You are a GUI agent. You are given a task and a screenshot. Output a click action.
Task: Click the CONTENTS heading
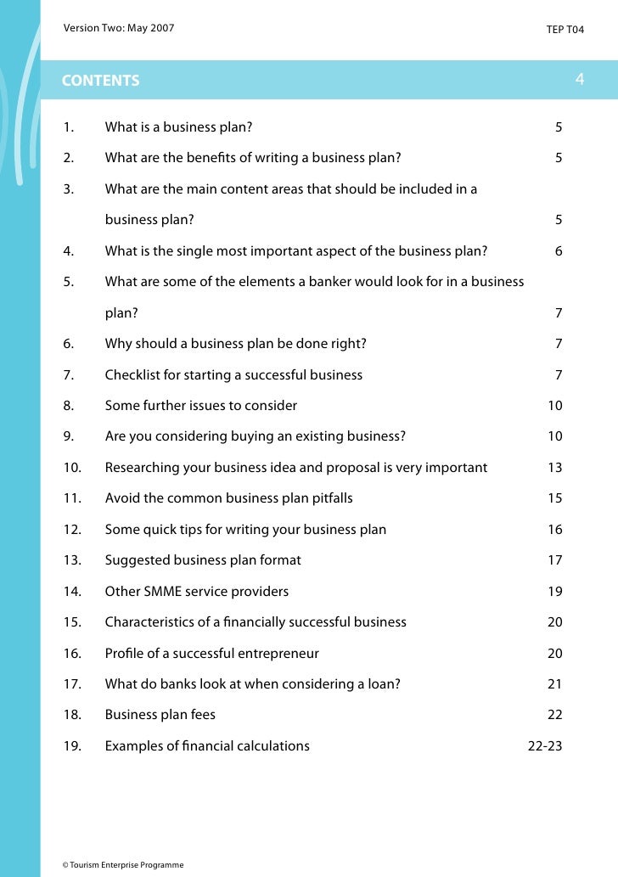click(x=100, y=81)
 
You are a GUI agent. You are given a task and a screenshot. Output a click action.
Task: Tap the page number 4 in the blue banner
click(x=579, y=79)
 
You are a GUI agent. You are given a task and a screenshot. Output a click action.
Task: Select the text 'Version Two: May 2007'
click(x=119, y=29)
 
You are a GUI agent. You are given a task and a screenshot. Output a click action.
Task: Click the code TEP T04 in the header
click(x=565, y=30)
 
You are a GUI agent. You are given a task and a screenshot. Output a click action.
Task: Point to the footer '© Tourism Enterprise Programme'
click(x=122, y=865)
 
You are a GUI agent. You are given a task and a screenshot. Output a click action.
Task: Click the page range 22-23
click(x=545, y=746)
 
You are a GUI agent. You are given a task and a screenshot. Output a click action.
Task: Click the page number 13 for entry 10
click(x=554, y=467)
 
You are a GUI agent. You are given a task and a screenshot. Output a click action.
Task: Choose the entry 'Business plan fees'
click(x=160, y=715)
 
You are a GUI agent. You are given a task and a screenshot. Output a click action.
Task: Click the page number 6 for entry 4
click(x=559, y=251)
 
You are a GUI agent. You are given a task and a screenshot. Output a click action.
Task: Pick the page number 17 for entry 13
click(x=554, y=560)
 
